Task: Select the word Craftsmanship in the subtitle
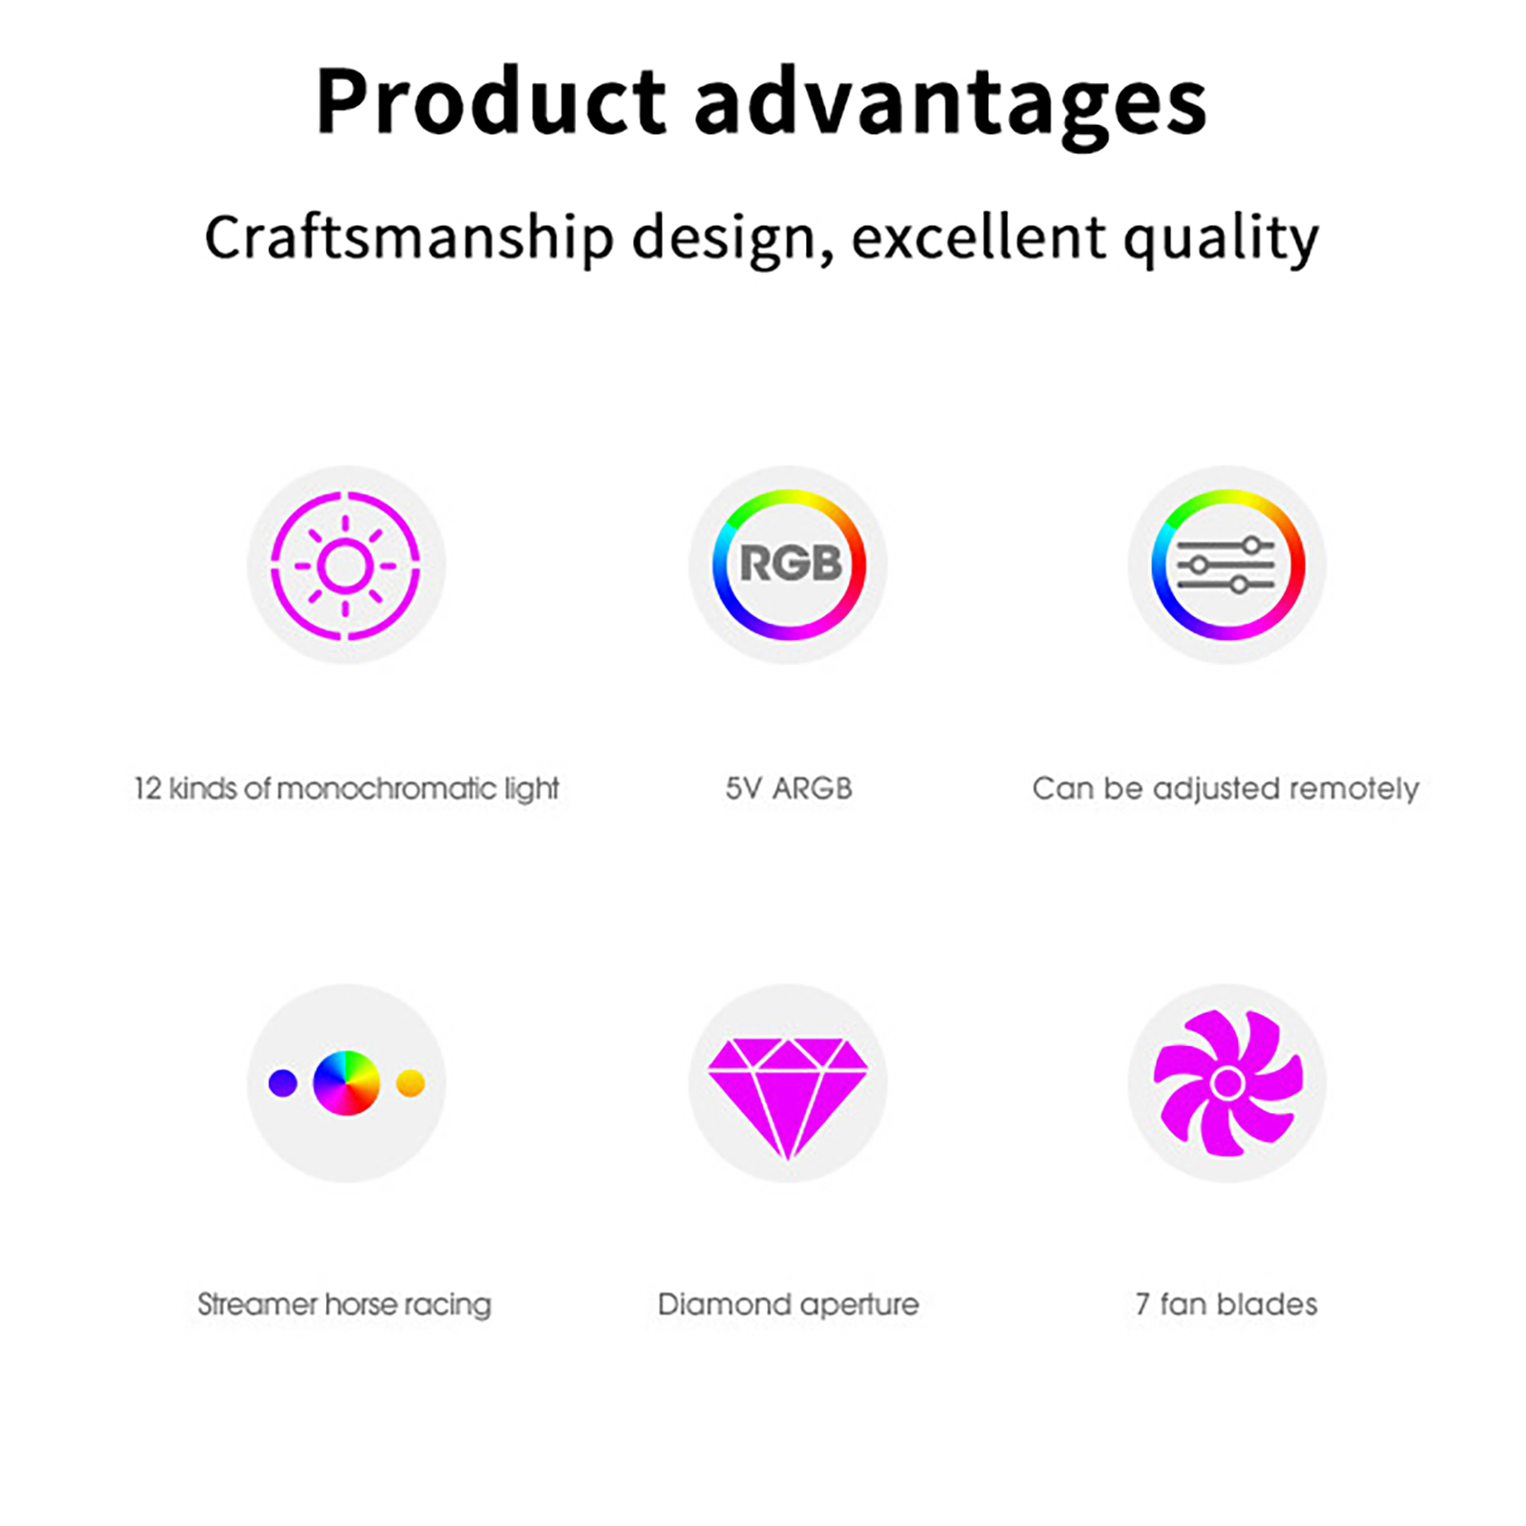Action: pos(409,237)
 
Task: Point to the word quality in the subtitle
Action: pos(1221,239)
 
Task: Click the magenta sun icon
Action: pos(345,566)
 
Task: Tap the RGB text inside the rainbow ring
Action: pos(791,563)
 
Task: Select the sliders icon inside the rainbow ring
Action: pos(1227,565)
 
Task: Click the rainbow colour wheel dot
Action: pos(346,1083)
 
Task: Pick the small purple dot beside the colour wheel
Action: pos(282,1083)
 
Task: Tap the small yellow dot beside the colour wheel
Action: pos(410,1083)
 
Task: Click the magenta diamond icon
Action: pos(788,1098)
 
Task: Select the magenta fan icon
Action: pos(1227,1083)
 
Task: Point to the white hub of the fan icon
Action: pos(1227,1083)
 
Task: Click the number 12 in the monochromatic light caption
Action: pos(148,789)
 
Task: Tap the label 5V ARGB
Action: pos(789,789)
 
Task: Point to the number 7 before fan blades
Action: pos(1143,1304)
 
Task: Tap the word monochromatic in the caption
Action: pos(386,789)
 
